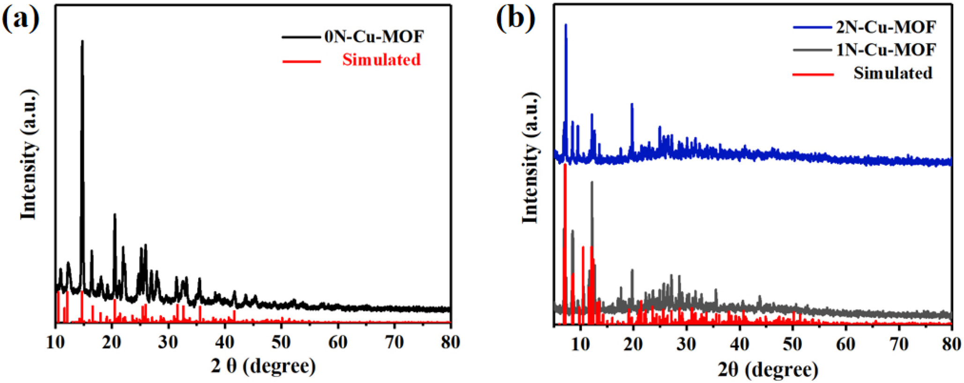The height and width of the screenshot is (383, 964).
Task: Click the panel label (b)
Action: click(516, 20)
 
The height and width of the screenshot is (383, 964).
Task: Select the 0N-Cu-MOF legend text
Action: click(374, 37)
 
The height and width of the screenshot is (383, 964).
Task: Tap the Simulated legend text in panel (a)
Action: click(381, 60)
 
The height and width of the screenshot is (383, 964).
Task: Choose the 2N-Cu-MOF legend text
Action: click(886, 27)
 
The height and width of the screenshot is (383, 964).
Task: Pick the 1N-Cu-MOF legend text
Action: click(886, 50)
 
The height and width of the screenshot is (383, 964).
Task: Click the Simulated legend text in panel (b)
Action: click(892, 73)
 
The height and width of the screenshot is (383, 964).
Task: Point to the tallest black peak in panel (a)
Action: click(82, 42)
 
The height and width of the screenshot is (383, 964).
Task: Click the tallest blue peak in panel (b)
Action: click(566, 26)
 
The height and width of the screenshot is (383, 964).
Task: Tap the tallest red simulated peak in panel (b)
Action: click(565, 166)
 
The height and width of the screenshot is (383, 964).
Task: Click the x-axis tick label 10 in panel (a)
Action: click(55, 342)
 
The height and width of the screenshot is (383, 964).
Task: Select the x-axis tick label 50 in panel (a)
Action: click(281, 342)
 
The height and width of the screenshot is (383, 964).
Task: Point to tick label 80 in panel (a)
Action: click(450, 342)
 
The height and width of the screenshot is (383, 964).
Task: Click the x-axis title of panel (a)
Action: click(263, 366)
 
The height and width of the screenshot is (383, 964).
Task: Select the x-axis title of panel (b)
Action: click(768, 369)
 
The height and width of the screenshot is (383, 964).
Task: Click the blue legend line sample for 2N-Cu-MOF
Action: click(812, 28)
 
